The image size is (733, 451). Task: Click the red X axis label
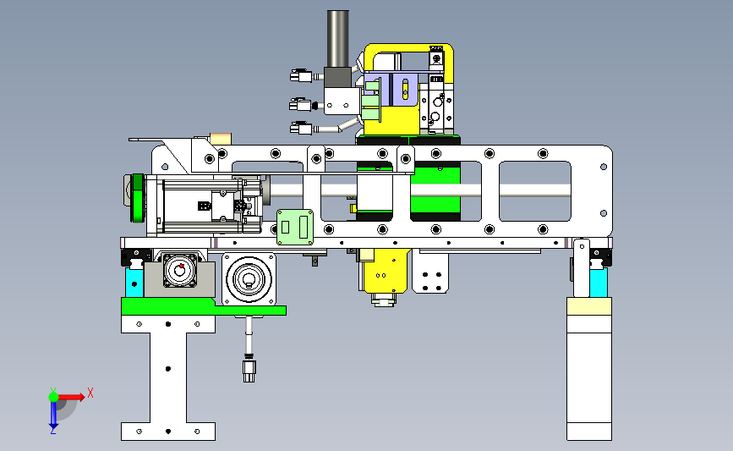pos(90,393)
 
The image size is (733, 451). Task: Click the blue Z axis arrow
pos(53,415)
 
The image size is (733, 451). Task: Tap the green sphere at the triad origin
pos(53,397)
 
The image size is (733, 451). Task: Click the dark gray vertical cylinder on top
pos(337,39)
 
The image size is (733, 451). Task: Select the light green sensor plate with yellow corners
pos(295,228)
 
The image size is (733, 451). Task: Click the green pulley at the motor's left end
pos(138,198)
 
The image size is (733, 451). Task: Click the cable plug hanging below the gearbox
pos(249,369)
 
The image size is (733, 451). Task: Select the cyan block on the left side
pos(134,283)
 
